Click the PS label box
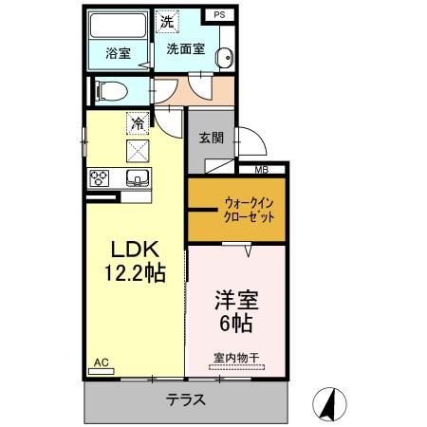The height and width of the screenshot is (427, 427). pyautogui.click(x=219, y=15)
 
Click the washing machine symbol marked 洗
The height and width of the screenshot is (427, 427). pyautogui.click(x=167, y=21)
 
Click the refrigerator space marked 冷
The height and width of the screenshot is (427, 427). pyautogui.click(x=138, y=122)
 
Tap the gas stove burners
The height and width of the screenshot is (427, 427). pyautogui.click(x=100, y=176)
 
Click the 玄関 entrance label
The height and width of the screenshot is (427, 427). pyautogui.click(x=211, y=137)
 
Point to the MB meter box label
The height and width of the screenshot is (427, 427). pyautogui.click(x=261, y=170)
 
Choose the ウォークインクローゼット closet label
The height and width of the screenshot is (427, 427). pyautogui.click(x=251, y=209)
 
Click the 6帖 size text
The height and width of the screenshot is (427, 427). pyautogui.click(x=233, y=323)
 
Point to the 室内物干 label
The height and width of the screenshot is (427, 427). pyautogui.click(x=237, y=358)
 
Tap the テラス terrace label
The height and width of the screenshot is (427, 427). pyautogui.click(x=186, y=399)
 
